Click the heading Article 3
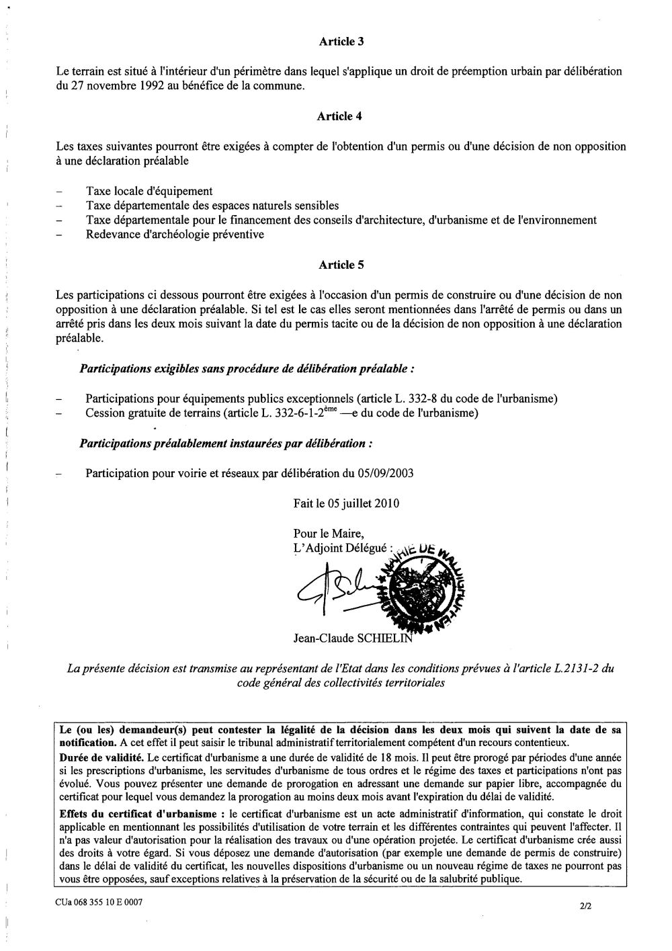[x=341, y=41]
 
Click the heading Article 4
[x=341, y=116]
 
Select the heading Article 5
[x=341, y=265]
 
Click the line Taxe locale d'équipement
[x=149, y=192]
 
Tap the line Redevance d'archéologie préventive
[x=175, y=235]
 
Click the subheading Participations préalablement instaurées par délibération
[x=226, y=444]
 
